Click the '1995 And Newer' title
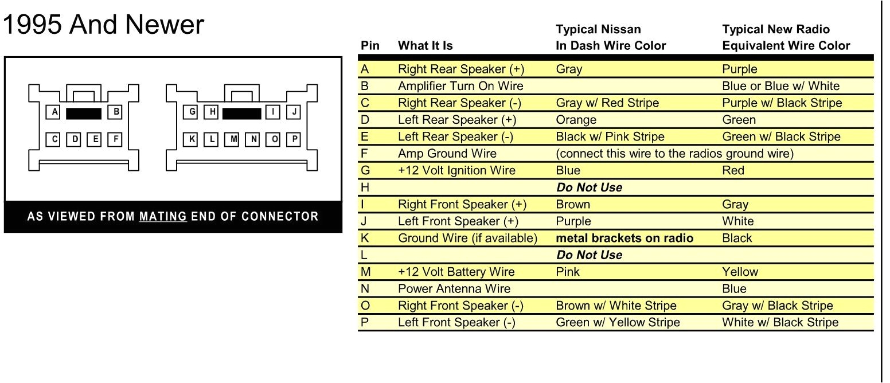click(103, 25)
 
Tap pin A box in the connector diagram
click(54, 112)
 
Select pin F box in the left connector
click(115, 139)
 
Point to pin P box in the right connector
click(294, 139)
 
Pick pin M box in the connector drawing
click(233, 139)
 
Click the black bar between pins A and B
click(84, 113)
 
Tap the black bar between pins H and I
click(241, 113)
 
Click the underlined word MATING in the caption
click(163, 217)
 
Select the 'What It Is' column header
click(425, 46)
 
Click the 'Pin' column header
click(370, 46)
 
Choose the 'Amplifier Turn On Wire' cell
click(460, 86)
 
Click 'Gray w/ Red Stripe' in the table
click(607, 103)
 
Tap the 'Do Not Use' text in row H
click(589, 187)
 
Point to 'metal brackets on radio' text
click(624, 238)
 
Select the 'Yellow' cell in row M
click(740, 272)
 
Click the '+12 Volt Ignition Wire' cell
click(456, 170)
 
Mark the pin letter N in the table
click(365, 288)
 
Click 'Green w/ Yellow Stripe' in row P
click(618, 322)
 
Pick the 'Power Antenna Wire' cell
click(454, 288)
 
